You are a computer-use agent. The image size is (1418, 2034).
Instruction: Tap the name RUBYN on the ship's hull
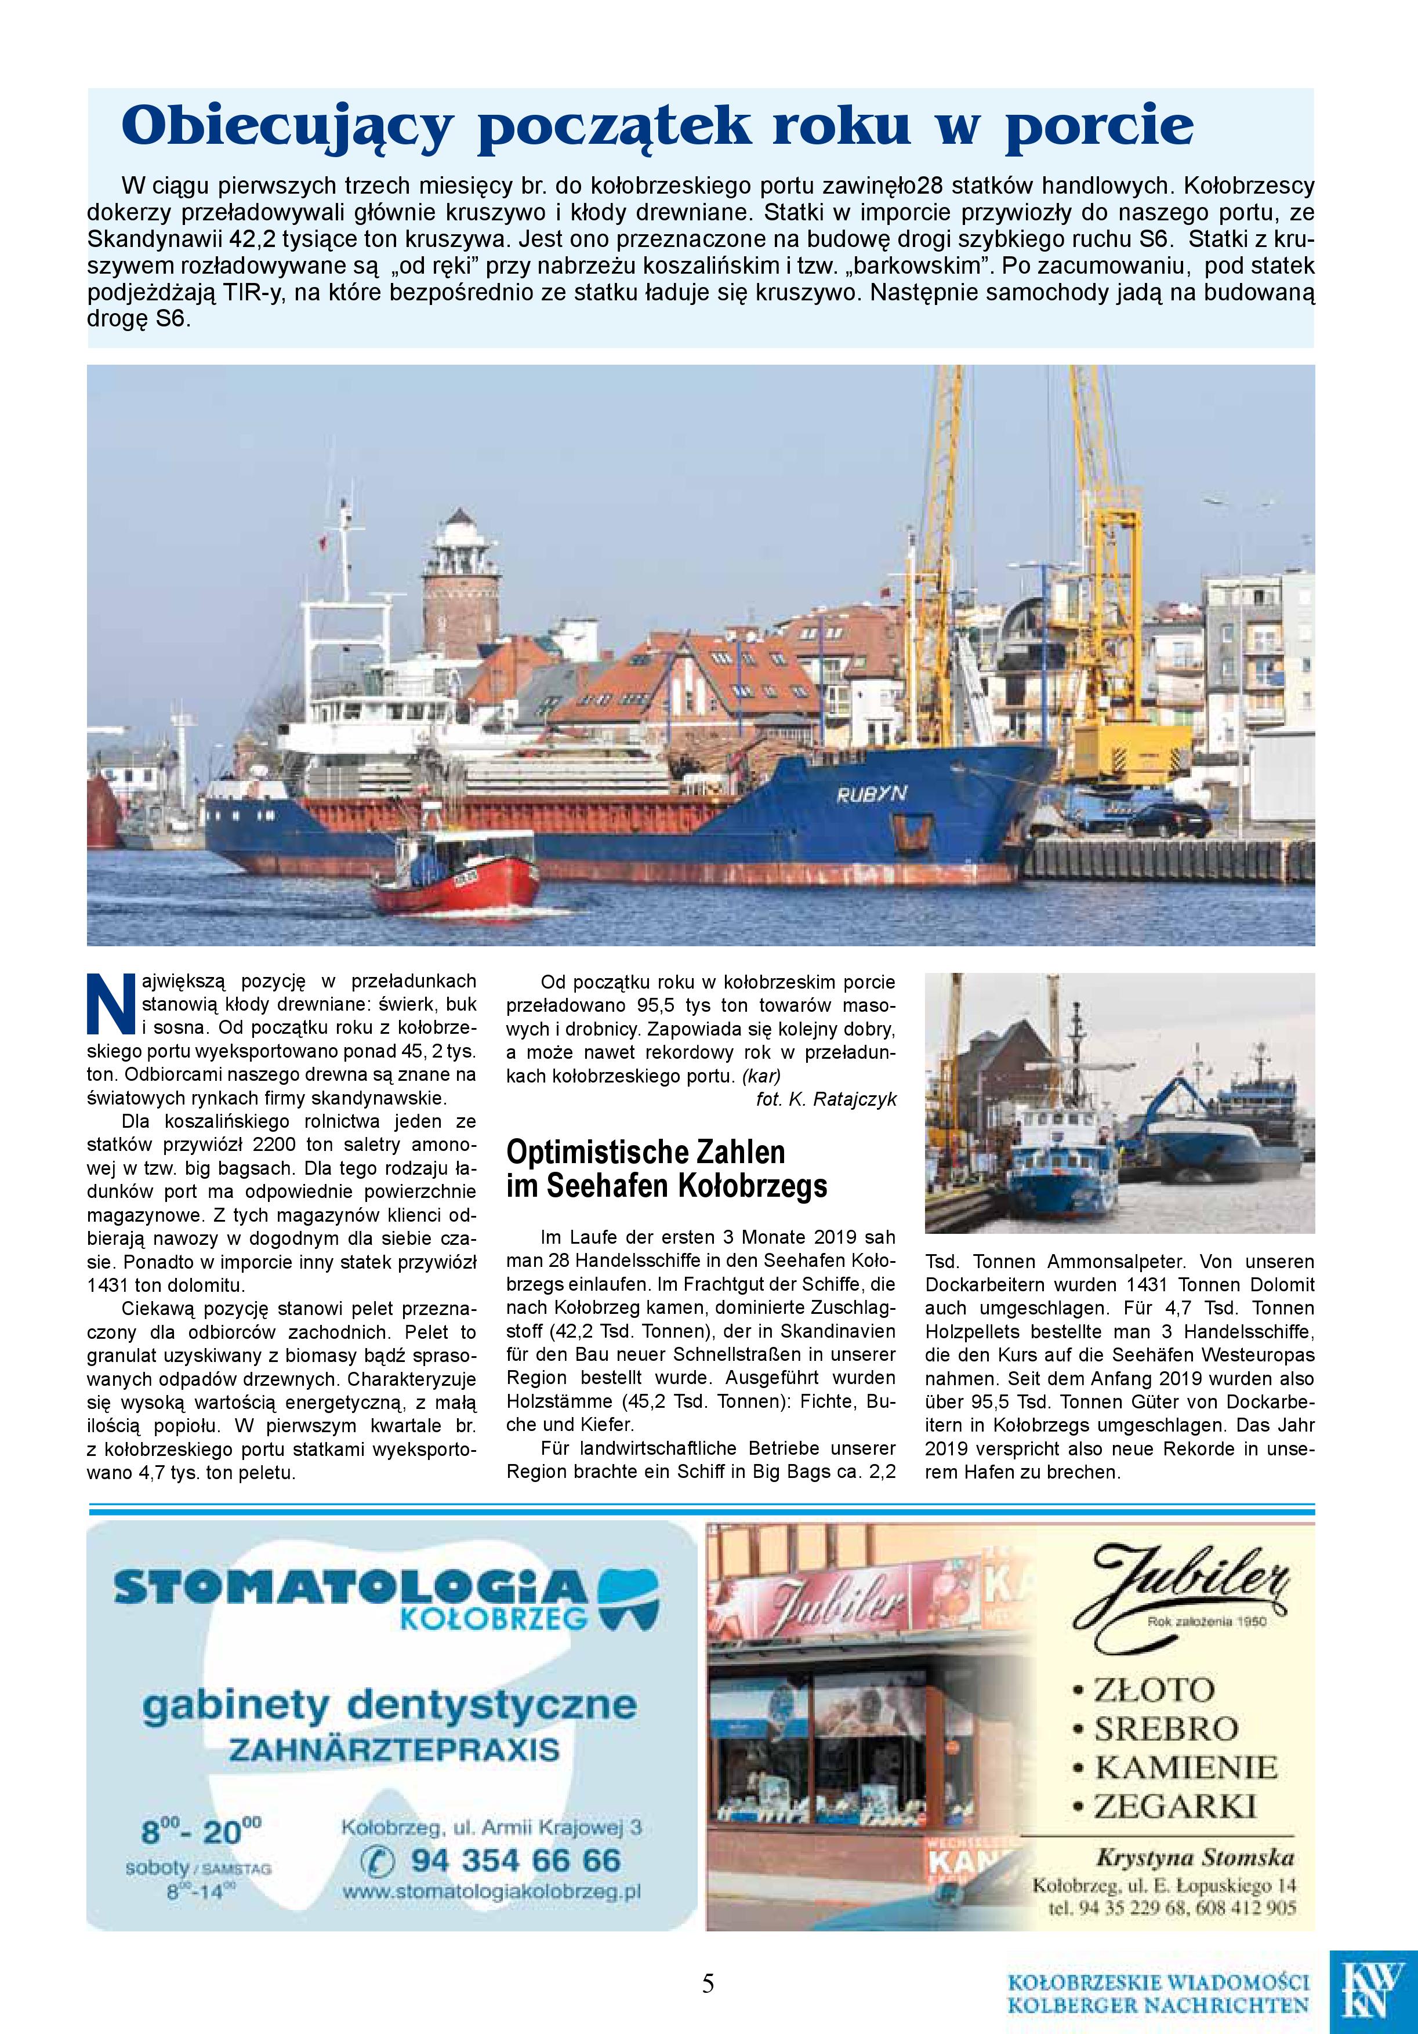click(x=871, y=794)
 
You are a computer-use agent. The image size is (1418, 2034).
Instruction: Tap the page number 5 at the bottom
click(x=708, y=1982)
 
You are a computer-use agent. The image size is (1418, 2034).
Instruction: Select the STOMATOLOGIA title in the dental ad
click(x=350, y=1586)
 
